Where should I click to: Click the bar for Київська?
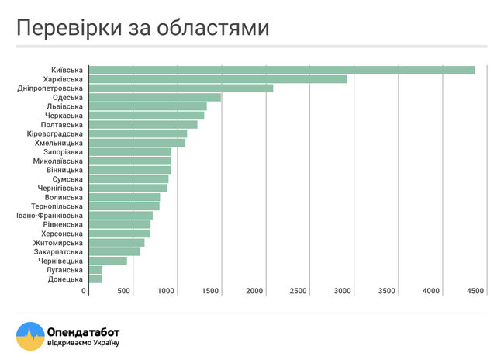[281, 70]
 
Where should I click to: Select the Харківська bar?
[218, 79]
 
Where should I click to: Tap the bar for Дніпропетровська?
[181, 88]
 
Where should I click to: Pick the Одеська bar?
[154, 98]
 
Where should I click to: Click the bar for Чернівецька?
[108, 261]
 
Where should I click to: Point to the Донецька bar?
[95, 279]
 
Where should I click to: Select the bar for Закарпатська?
[115, 251]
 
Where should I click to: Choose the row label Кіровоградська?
[54, 133]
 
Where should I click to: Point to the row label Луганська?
[64, 270]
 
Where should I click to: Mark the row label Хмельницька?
[59, 143]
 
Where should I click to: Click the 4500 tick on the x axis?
[475, 290]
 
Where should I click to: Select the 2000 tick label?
[256, 290]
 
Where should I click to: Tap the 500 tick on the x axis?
[124, 290]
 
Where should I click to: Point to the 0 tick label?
[84, 290]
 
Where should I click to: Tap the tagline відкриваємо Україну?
[83, 343]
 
